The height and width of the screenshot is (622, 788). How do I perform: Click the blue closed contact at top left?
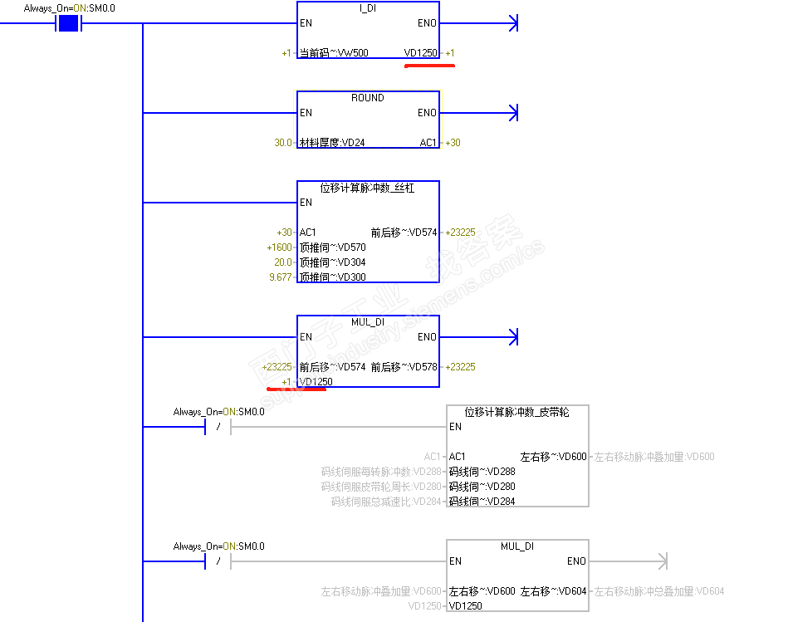67,23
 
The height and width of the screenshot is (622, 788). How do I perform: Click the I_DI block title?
367,8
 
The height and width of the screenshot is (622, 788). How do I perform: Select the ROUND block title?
367,98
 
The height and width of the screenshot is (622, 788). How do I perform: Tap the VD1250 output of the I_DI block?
420,53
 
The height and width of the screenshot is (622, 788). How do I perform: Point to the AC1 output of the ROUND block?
428,143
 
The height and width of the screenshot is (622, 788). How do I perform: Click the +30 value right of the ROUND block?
453,143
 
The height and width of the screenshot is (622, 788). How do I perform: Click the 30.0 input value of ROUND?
283,143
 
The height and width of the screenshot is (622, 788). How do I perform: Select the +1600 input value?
279,247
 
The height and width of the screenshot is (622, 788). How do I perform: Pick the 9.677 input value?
281,277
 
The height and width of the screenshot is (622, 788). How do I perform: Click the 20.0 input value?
283,262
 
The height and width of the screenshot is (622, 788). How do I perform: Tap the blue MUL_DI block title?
367,322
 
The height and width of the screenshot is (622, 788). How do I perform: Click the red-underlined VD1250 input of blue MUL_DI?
316,382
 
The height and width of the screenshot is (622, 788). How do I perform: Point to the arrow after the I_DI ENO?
512,23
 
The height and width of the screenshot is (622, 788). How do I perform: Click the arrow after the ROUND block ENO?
512,112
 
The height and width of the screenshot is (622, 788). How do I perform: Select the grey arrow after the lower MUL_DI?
662,561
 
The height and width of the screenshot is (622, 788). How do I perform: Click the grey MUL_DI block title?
517,546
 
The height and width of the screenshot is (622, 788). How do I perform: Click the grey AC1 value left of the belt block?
433,457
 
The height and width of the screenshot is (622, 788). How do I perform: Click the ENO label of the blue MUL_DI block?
427,337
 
